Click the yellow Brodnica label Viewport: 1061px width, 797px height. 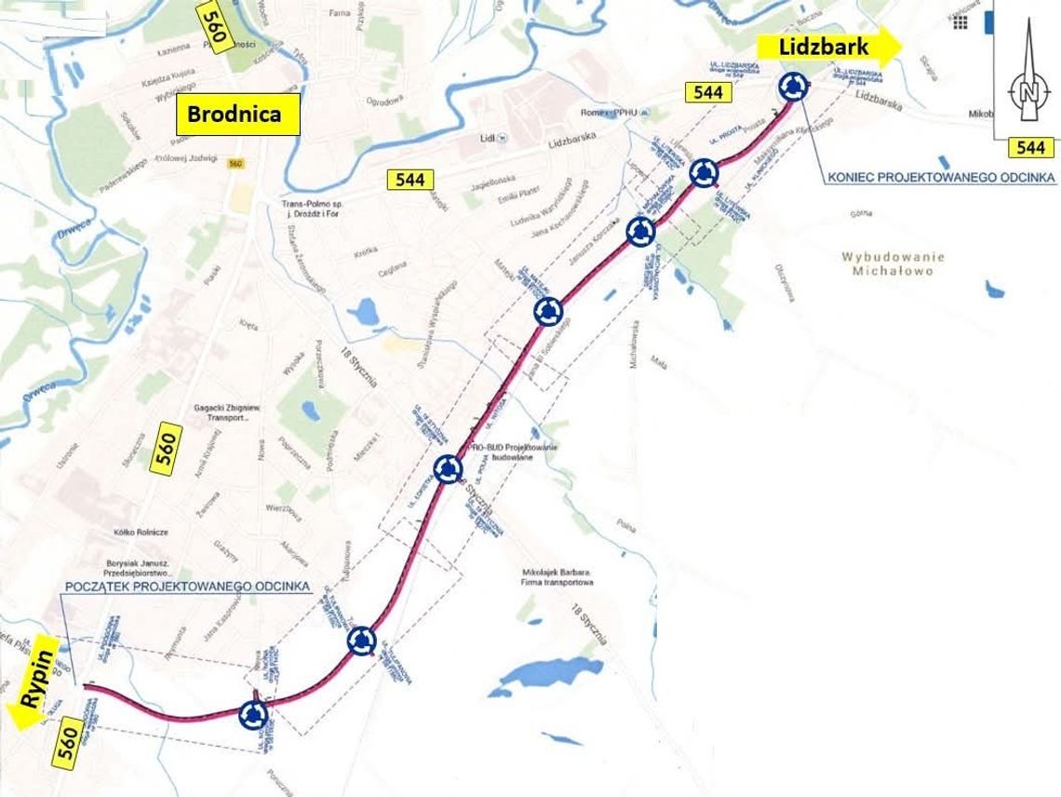tap(239, 114)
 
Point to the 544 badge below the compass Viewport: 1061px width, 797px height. tap(1031, 147)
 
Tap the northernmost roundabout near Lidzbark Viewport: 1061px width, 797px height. tap(793, 86)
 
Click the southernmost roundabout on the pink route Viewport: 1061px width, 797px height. tap(252, 715)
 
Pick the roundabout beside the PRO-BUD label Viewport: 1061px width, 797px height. tap(449, 468)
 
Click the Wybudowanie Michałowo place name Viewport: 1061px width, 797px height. tap(892, 263)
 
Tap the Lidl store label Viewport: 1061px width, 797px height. tap(488, 137)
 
